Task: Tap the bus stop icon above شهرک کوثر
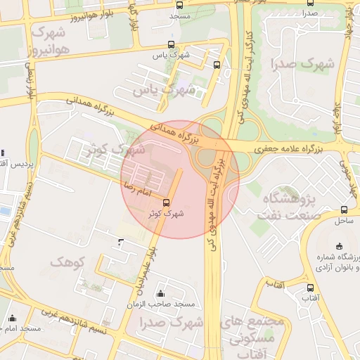[x=166, y=204]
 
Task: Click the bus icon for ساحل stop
[x=344, y=210]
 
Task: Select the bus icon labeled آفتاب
[x=310, y=288]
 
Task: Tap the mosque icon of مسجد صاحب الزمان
[x=160, y=294]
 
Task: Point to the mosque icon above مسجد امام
[x=11, y=319]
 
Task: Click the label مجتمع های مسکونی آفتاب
[x=253, y=337]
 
